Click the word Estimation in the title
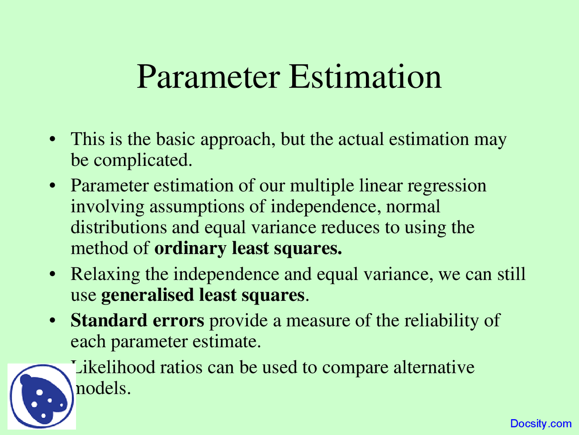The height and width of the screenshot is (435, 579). coord(365,77)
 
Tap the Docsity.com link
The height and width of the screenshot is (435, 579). coord(541,424)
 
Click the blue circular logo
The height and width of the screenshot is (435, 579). coord(42,396)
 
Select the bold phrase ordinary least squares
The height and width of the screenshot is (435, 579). coord(248,248)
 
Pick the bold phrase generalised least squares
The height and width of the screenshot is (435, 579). coord(203,295)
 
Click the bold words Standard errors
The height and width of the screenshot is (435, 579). coord(137,320)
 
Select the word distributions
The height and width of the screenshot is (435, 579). coord(119,227)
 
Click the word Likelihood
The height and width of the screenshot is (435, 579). coord(115,367)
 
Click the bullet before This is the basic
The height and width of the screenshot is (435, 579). coord(53,139)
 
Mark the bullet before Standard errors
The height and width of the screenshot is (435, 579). coord(53,321)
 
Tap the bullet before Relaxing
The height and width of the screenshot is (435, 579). coord(53,275)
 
